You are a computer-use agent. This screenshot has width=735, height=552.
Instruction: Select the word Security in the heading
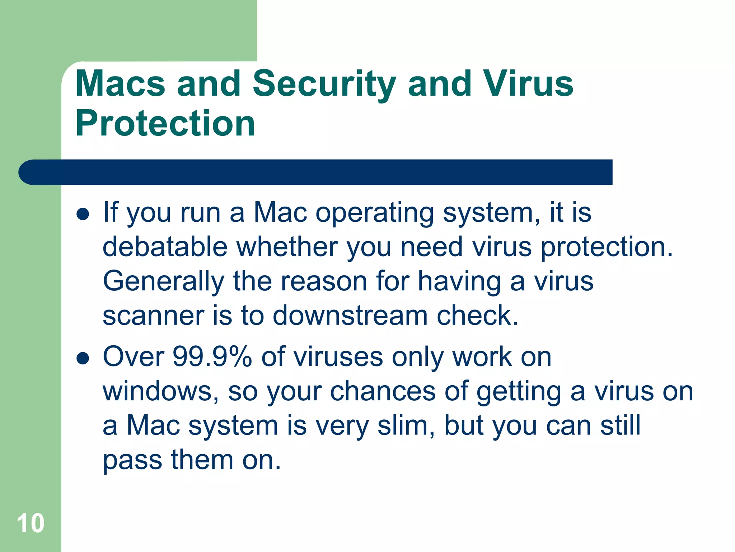(x=324, y=84)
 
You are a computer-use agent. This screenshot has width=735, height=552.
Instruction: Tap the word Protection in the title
(x=165, y=123)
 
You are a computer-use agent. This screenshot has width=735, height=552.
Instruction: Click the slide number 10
(x=31, y=523)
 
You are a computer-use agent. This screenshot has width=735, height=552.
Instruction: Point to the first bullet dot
(x=83, y=215)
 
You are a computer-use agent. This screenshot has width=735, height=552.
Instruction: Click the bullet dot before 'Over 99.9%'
(x=83, y=358)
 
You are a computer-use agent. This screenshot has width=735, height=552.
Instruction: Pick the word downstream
(x=350, y=316)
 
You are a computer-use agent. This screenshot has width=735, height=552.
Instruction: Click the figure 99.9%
(x=212, y=356)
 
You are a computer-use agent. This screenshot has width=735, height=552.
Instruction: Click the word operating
(x=375, y=213)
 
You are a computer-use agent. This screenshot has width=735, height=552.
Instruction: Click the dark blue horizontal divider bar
(x=316, y=172)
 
